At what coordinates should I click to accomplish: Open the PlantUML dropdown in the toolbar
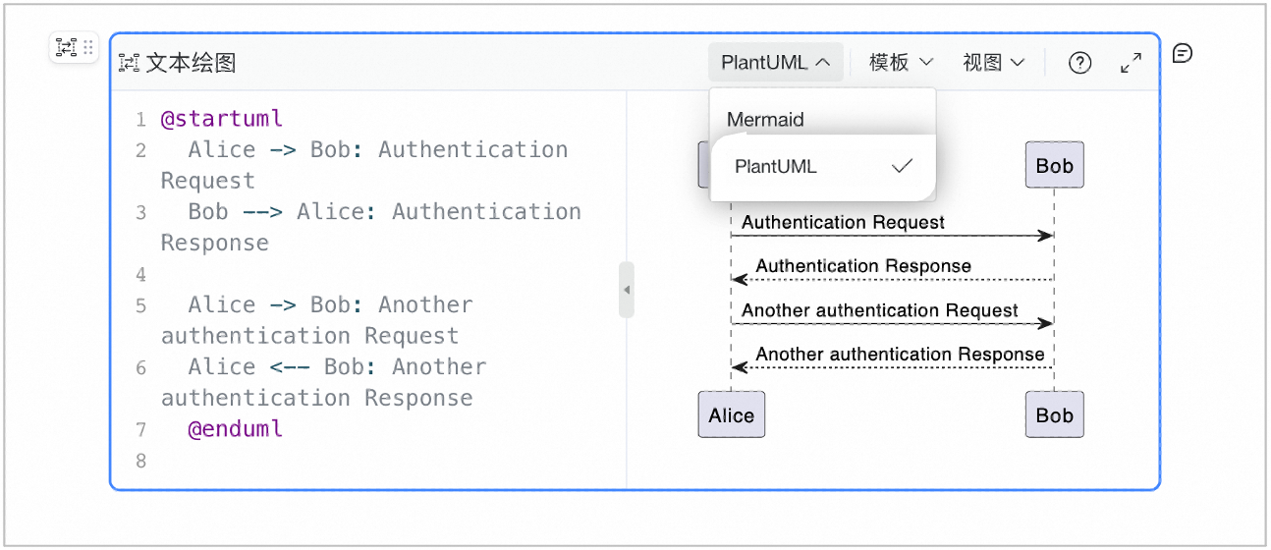click(775, 63)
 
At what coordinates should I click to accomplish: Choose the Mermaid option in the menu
click(765, 120)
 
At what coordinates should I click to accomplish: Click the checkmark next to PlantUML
click(902, 166)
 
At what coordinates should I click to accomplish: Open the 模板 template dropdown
click(901, 63)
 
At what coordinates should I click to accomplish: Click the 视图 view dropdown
click(994, 63)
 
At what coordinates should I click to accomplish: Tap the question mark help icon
click(1079, 63)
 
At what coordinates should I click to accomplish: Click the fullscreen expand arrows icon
click(1131, 63)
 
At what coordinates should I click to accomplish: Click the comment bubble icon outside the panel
click(1183, 54)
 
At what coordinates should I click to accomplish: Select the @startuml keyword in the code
click(222, 119)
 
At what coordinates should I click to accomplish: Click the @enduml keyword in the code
click(236, 429)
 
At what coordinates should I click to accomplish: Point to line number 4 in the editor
click(140, 275)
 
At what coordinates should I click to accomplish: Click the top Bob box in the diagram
click(1054, 165)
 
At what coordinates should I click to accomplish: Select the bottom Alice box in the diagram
click(732, 414)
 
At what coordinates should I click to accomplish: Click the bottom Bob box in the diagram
click(1054, 414)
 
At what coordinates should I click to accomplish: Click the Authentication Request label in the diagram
click(843, 222)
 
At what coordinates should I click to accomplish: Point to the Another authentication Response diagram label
click(900, 355)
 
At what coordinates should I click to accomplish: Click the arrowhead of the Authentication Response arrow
click(740, 279)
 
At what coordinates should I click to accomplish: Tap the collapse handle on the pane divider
click(627, 290)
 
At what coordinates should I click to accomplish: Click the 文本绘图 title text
click(192, 63)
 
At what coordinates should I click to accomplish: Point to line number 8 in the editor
click(140, 461)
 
